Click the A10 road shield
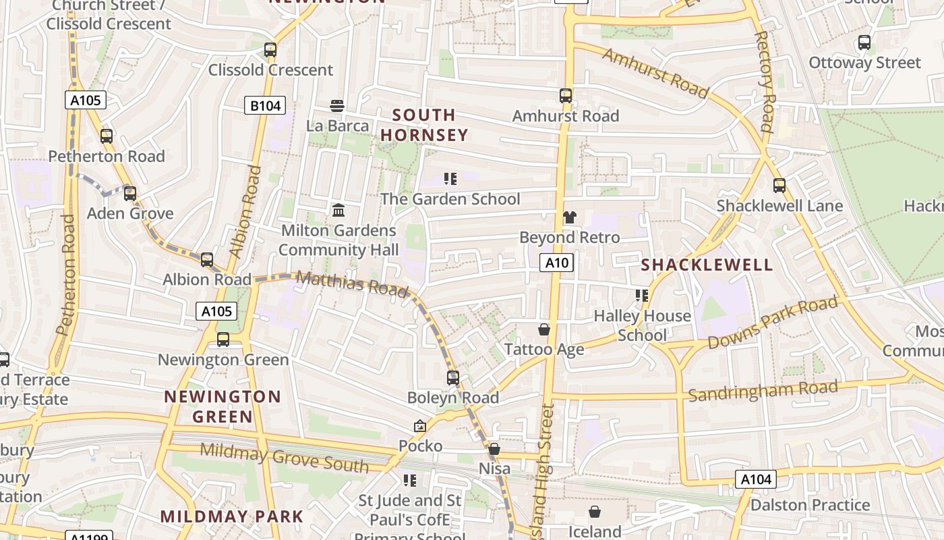556,263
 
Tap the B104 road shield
264,105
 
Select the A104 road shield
755,480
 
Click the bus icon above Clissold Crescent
270,49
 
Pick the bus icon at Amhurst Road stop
565,96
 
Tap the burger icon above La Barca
337,105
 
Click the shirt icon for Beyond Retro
570,217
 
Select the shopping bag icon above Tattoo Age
544,329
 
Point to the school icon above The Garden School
450,179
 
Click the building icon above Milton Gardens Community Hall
338,210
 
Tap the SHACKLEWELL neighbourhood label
707,265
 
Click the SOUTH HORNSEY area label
424,125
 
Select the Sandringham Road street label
763,391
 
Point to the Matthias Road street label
352,283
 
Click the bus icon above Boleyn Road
453,378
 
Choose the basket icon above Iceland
595,512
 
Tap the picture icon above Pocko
420,426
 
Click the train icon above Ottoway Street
864,43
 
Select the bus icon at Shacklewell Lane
779,186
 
